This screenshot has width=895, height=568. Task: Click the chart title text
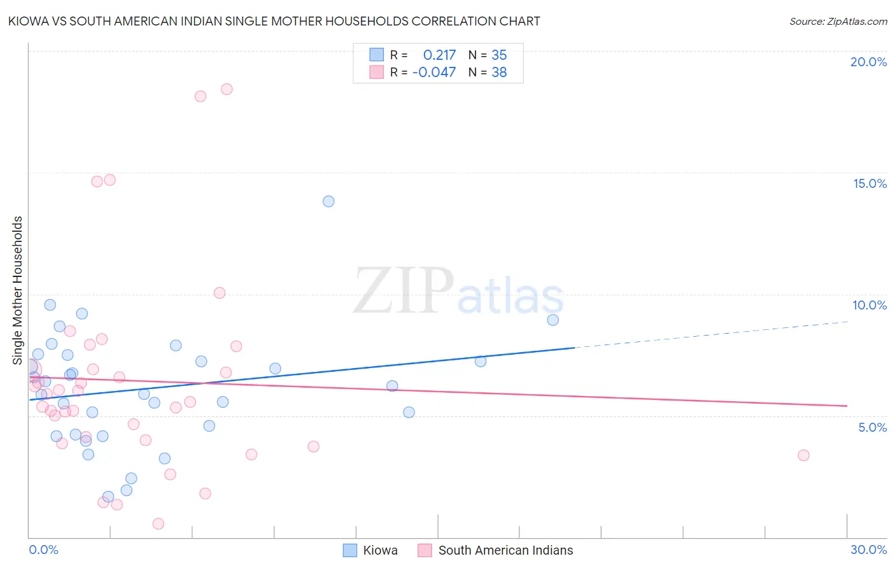(x=274, y=21)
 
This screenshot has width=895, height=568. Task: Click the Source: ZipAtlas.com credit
(x=838, y=21)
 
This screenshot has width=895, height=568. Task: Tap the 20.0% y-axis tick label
(x=868, y=62)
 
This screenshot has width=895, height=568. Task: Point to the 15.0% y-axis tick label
(x=870, y=183)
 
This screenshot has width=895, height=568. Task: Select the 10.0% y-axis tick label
(x=870, y=305)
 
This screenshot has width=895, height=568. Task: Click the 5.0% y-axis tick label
(x=872, y=427)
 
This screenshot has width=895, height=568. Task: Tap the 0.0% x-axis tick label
(x=43, y=550)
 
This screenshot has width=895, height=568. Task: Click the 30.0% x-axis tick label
(x=868, y=550)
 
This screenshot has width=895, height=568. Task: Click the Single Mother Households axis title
(x=17, y=290)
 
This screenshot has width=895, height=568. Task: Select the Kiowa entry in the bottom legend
(x=380, y=550)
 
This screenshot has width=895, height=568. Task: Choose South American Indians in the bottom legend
(x=505, y=550)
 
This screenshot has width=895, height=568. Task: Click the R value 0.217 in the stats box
(x=439, y=55)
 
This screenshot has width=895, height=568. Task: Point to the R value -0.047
(x=434, y=73)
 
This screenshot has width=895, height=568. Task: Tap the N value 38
(x=499, y=73)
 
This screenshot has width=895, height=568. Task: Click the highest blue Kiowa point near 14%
(x=328, y=201)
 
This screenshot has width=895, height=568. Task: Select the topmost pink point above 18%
(x=227, y=89)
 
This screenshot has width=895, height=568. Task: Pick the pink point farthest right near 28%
(x=803, y=455)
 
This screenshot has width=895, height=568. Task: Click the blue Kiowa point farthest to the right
(x=553, y=320)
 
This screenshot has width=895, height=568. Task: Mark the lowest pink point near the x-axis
(x=159, y=523)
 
